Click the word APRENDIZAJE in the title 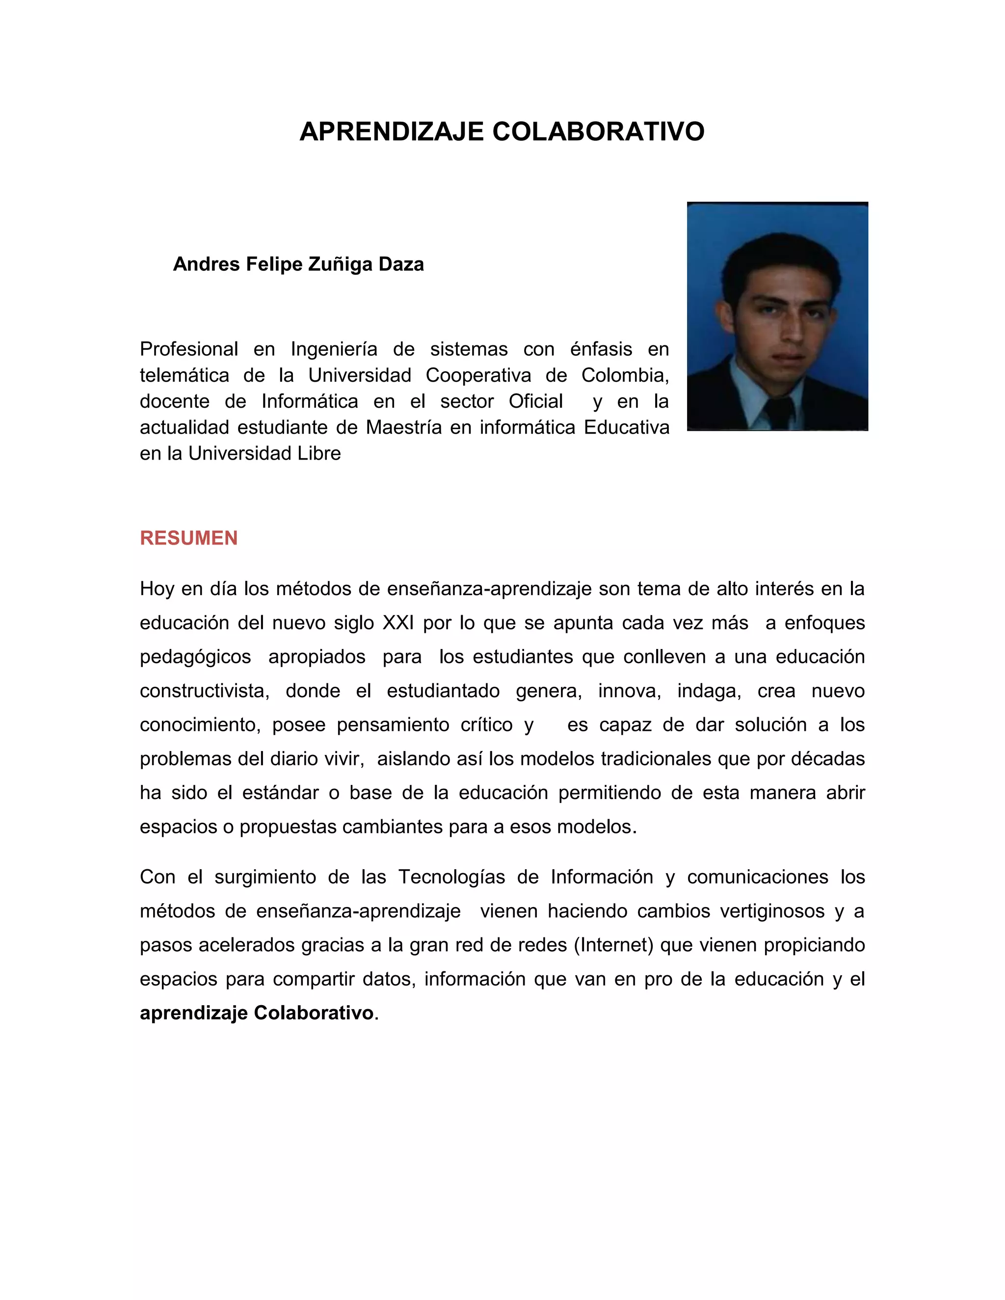point(391,131)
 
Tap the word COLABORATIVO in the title point(598,131)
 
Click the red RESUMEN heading point(189,538)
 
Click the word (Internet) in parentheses point(614,945)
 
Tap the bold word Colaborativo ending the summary point(314,1013)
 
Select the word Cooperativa point(478,376)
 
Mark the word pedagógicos point(195,657)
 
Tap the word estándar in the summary point(280,793)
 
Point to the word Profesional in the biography point(189,349)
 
